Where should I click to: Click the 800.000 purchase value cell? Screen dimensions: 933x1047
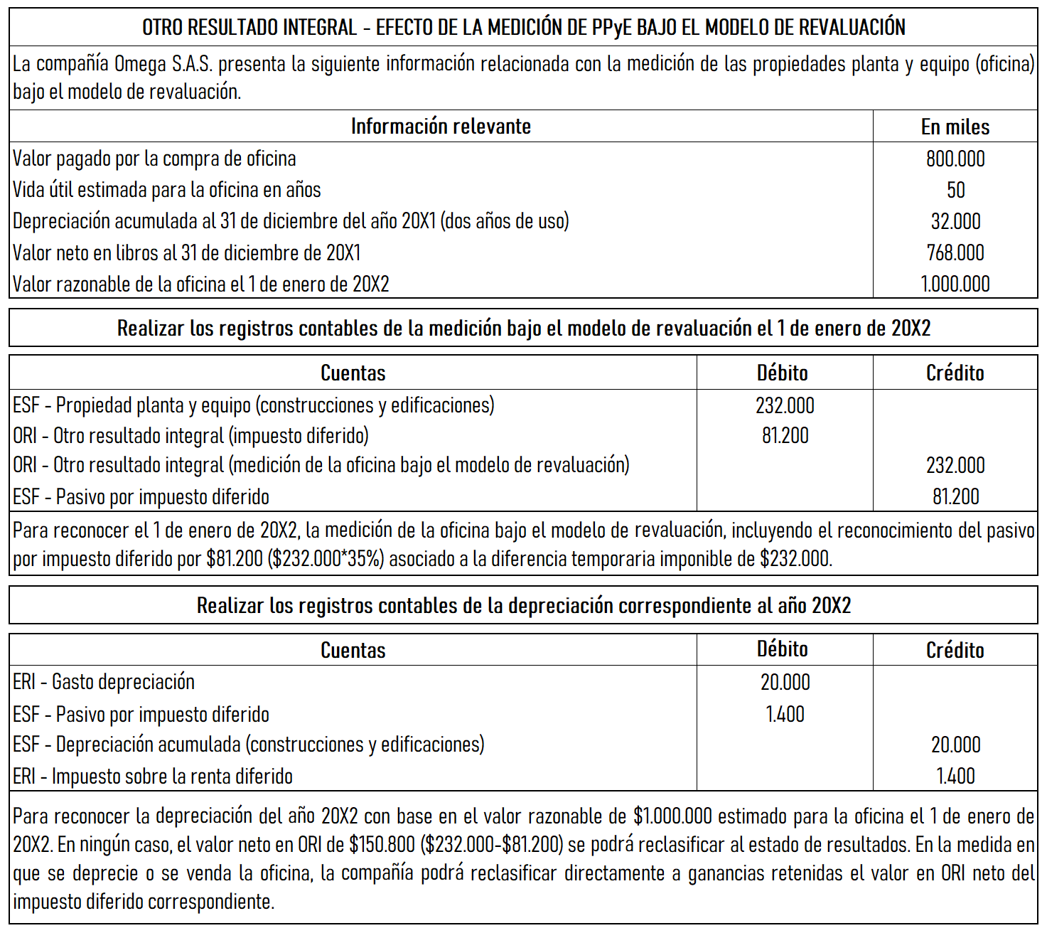tap(955, 159)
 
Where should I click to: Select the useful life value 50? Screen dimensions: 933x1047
tap(955, 190)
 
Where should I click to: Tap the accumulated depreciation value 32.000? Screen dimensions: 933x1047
tap(955, 221)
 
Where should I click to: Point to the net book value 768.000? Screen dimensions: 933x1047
tap(955, 252)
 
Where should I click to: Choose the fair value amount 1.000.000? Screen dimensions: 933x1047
tap(955, 284)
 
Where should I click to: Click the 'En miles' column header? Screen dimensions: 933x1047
tap(955, 127)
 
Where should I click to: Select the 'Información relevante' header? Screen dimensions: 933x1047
tap(441, 126)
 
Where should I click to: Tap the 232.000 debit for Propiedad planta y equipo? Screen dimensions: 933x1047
tap(785, 405)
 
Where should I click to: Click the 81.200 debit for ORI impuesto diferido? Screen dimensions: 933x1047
tap(785, 435)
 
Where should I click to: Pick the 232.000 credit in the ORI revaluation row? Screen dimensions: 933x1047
tap(955, 465)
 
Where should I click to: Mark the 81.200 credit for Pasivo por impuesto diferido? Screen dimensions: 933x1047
tap(955, 496)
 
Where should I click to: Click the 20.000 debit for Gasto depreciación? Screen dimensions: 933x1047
tap(785, 682)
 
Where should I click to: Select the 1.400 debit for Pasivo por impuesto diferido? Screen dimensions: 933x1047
tap(785, 714)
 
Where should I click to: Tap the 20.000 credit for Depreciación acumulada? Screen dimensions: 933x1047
tap(955, 745)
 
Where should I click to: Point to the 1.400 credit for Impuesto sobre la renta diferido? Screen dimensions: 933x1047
tap(955, 776)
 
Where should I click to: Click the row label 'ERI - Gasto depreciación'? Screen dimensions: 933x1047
tap(104, 682)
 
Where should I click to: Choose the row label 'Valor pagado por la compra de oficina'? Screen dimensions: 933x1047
tap(154, 159)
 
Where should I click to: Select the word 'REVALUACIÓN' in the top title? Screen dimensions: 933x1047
tap(852, 27)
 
